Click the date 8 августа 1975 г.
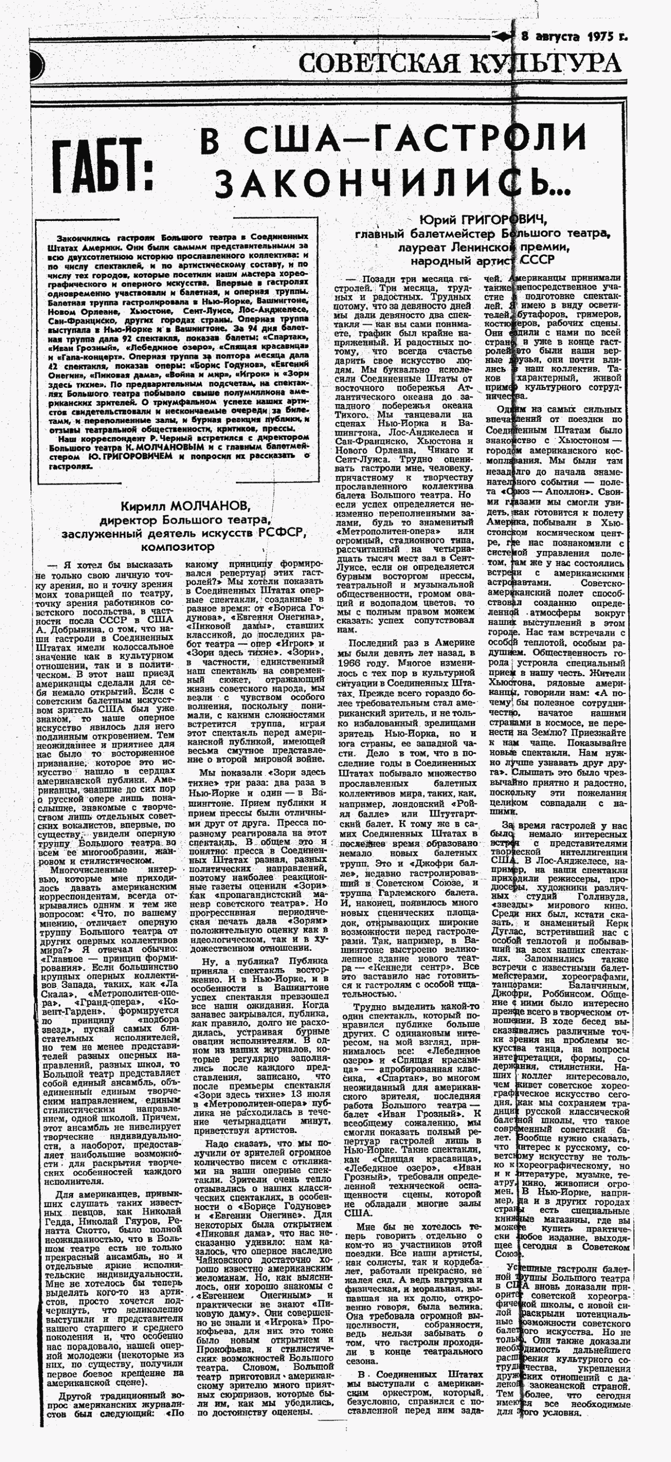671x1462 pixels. pos(574,38)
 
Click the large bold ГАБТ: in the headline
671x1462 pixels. pos(104,165)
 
